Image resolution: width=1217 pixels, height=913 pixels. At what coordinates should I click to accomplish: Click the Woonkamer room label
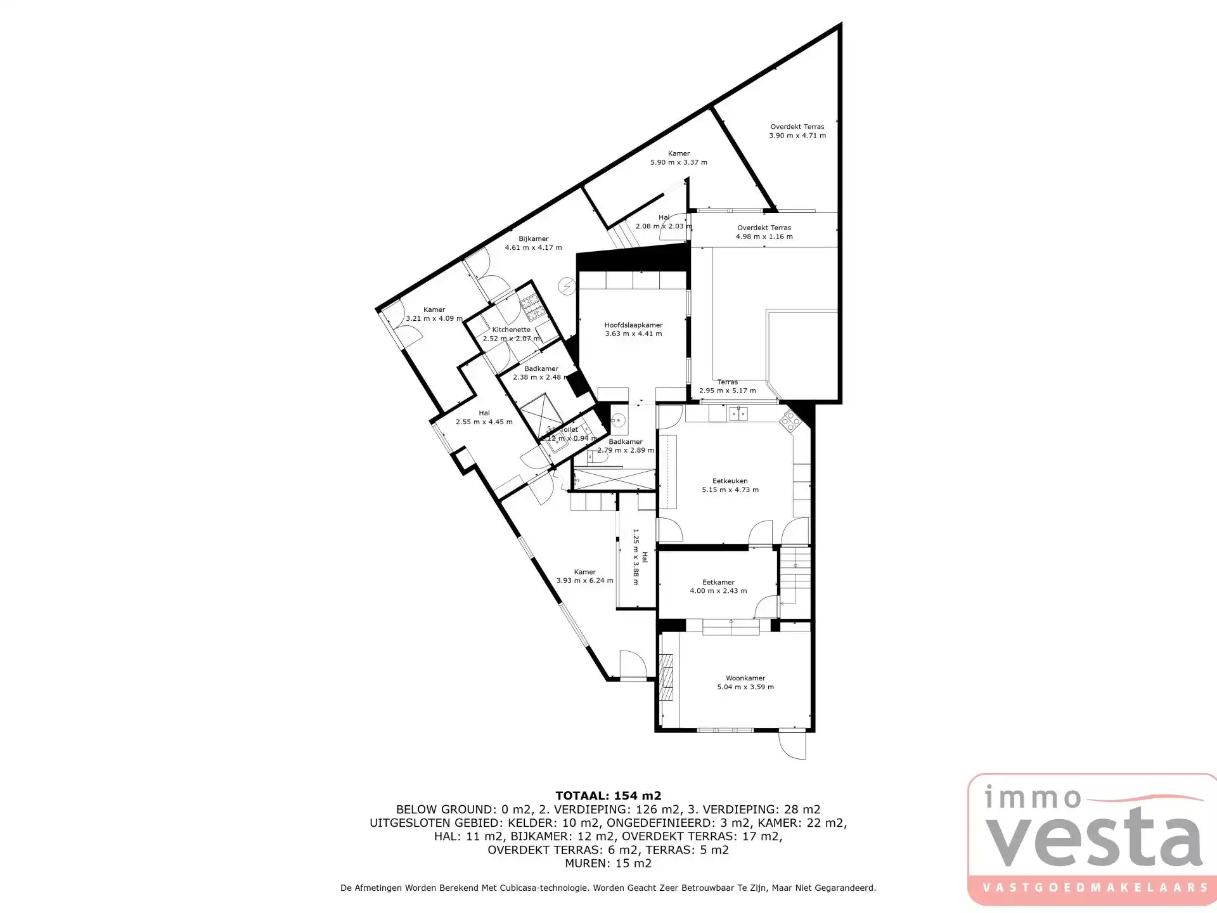[x=745, y=678]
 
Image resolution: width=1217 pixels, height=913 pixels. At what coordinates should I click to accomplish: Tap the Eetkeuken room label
[x=730, y=481]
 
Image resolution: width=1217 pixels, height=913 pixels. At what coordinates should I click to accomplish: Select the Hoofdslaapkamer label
[x=633, y=325]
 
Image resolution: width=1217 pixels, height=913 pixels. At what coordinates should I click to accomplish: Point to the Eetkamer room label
[x=718, y=582]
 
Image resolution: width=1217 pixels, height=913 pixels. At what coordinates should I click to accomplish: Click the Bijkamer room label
[x=533, y=239]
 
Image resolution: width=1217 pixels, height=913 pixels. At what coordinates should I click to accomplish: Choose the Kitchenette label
[x=511, y=330]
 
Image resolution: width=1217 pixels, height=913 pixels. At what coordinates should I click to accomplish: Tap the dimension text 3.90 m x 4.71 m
[x=797, y=136]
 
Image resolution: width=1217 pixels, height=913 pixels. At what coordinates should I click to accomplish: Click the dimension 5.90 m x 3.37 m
[x=679, y=162]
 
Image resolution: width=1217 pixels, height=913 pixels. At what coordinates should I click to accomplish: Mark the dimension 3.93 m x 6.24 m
[x=584, y=580]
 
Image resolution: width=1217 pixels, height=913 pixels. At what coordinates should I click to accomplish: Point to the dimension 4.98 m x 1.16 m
[x=764, y=236]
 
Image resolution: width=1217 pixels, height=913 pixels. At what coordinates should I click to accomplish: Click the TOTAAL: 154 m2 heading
[x=608, y=796]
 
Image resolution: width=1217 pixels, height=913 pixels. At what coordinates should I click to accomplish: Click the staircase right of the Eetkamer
[x=794, y=577]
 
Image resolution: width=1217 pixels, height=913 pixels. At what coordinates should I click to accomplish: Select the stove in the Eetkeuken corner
[x=790, y=420]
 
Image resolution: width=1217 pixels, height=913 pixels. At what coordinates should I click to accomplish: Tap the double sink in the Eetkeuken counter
[x=738, y=414]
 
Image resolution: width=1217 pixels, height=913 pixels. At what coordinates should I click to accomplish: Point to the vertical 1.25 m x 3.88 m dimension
[x=640, y=557]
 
